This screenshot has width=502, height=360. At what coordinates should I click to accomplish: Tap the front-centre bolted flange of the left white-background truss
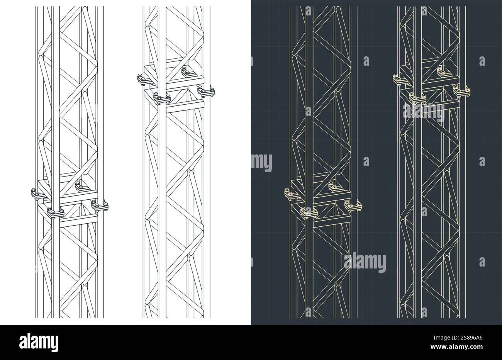54,212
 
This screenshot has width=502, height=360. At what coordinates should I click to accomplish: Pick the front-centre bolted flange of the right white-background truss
162,98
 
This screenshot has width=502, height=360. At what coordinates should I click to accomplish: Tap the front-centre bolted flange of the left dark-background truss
309,212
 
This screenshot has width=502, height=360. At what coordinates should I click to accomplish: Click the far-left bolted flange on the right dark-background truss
398,79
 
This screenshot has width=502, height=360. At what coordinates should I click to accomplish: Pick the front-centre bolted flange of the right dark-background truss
416,98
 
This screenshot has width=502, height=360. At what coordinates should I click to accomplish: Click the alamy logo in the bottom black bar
39,342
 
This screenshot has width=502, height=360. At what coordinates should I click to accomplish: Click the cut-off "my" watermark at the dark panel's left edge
262,163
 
